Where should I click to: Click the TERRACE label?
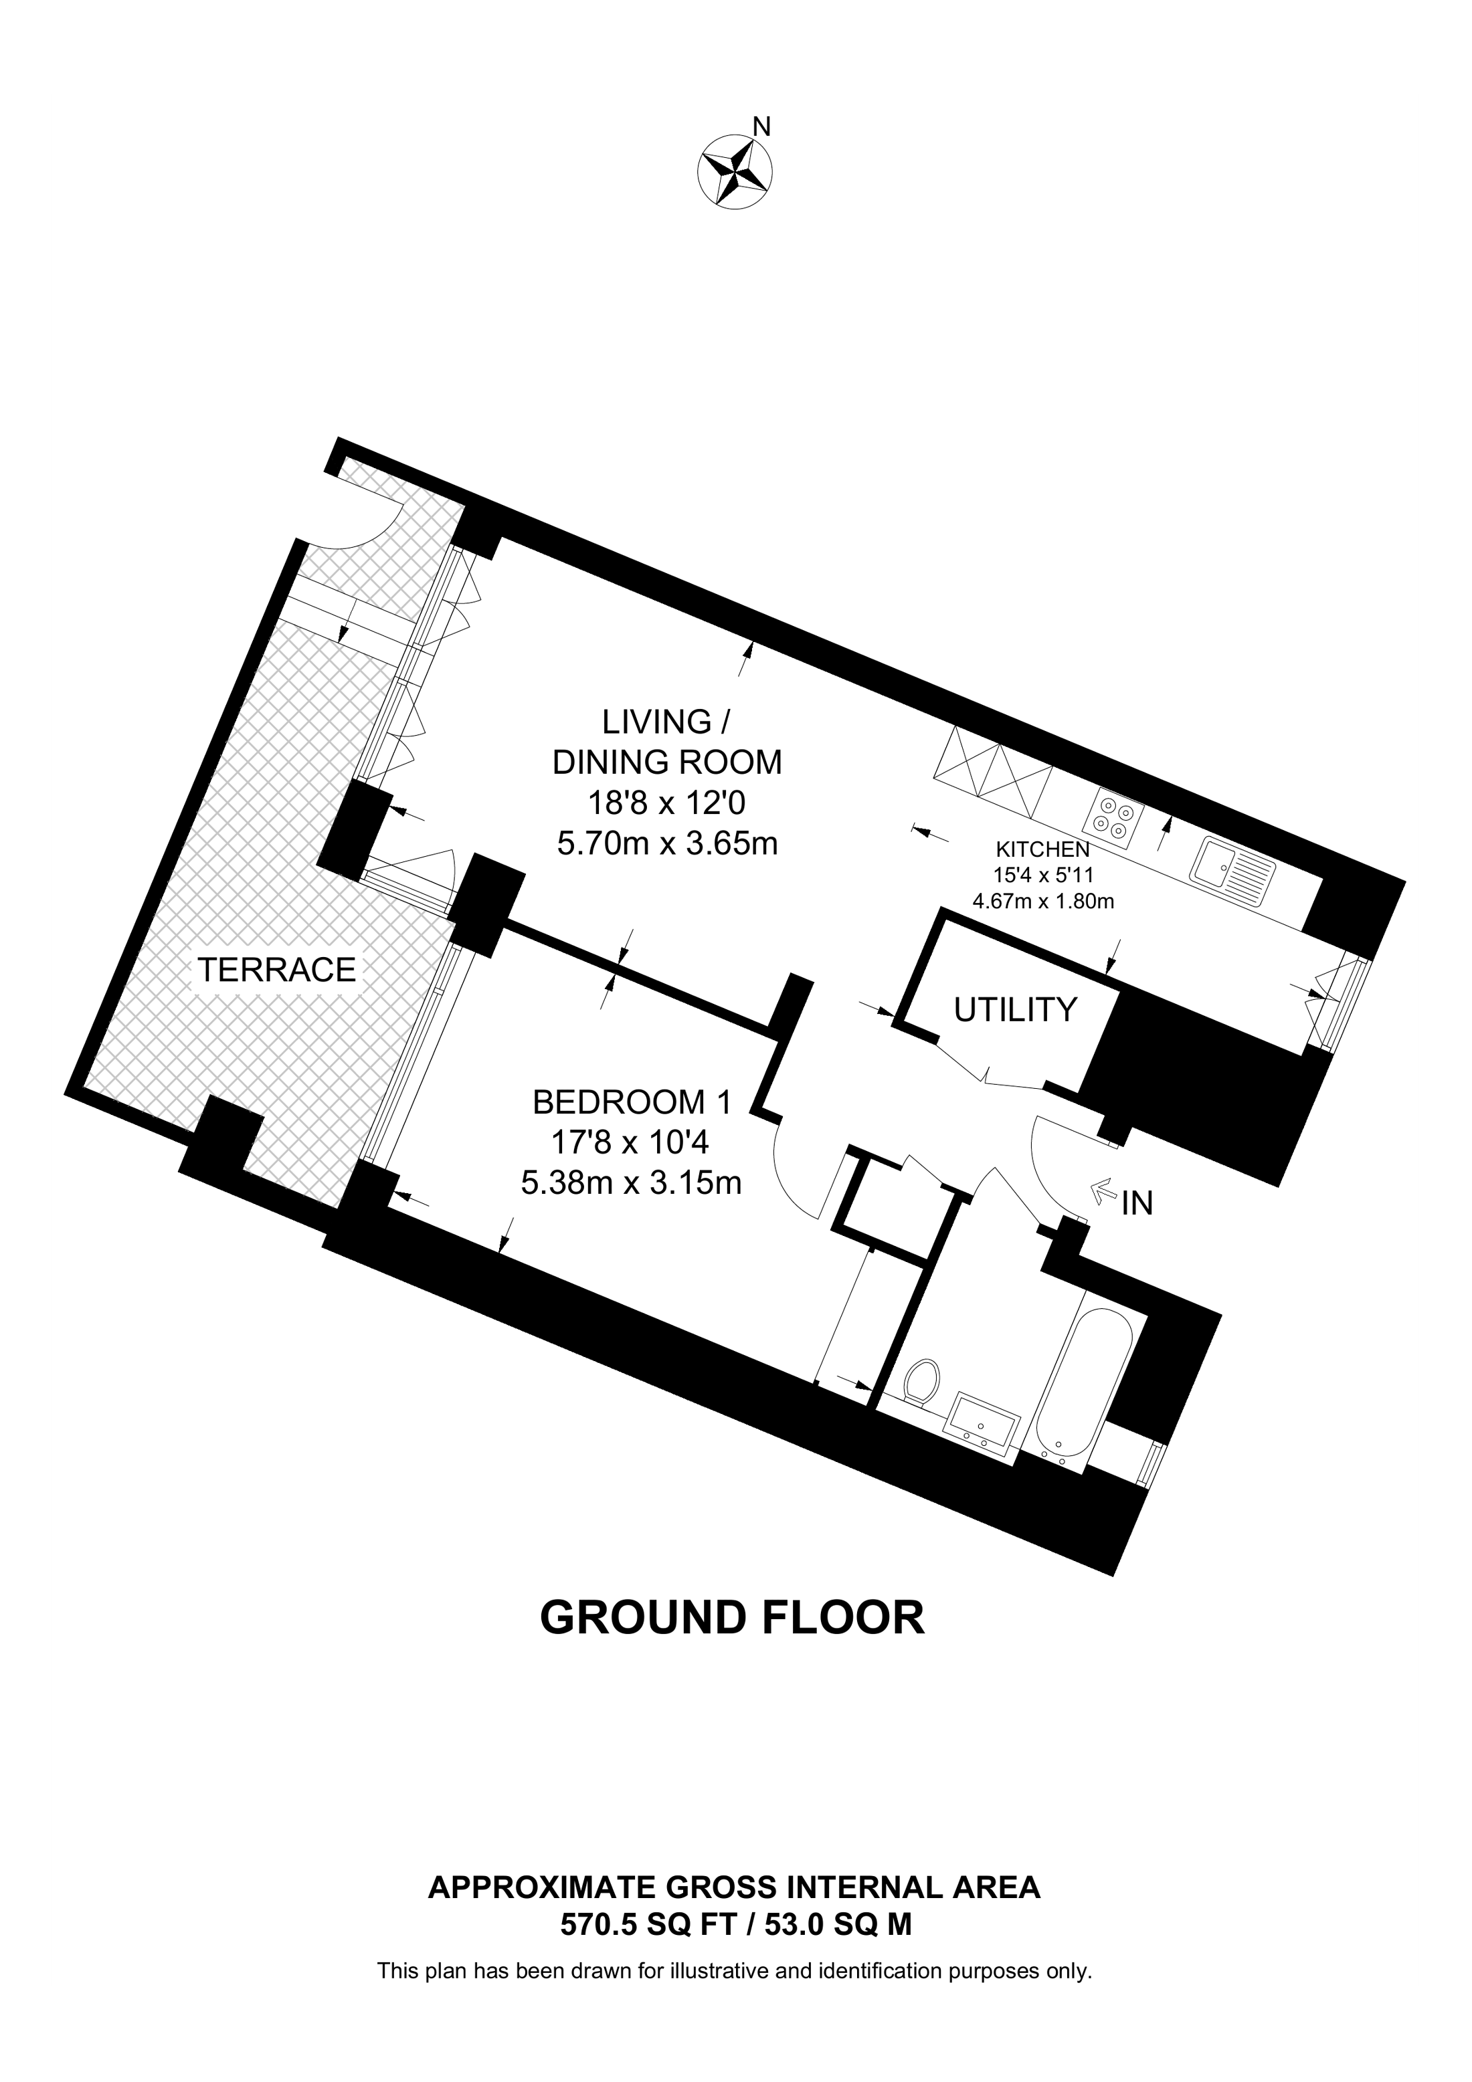click(278, 970)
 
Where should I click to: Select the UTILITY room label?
click(1015, 1009)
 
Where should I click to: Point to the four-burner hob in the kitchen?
click(1114, 815)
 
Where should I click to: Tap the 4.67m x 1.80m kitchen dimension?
click(1043, 902)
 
